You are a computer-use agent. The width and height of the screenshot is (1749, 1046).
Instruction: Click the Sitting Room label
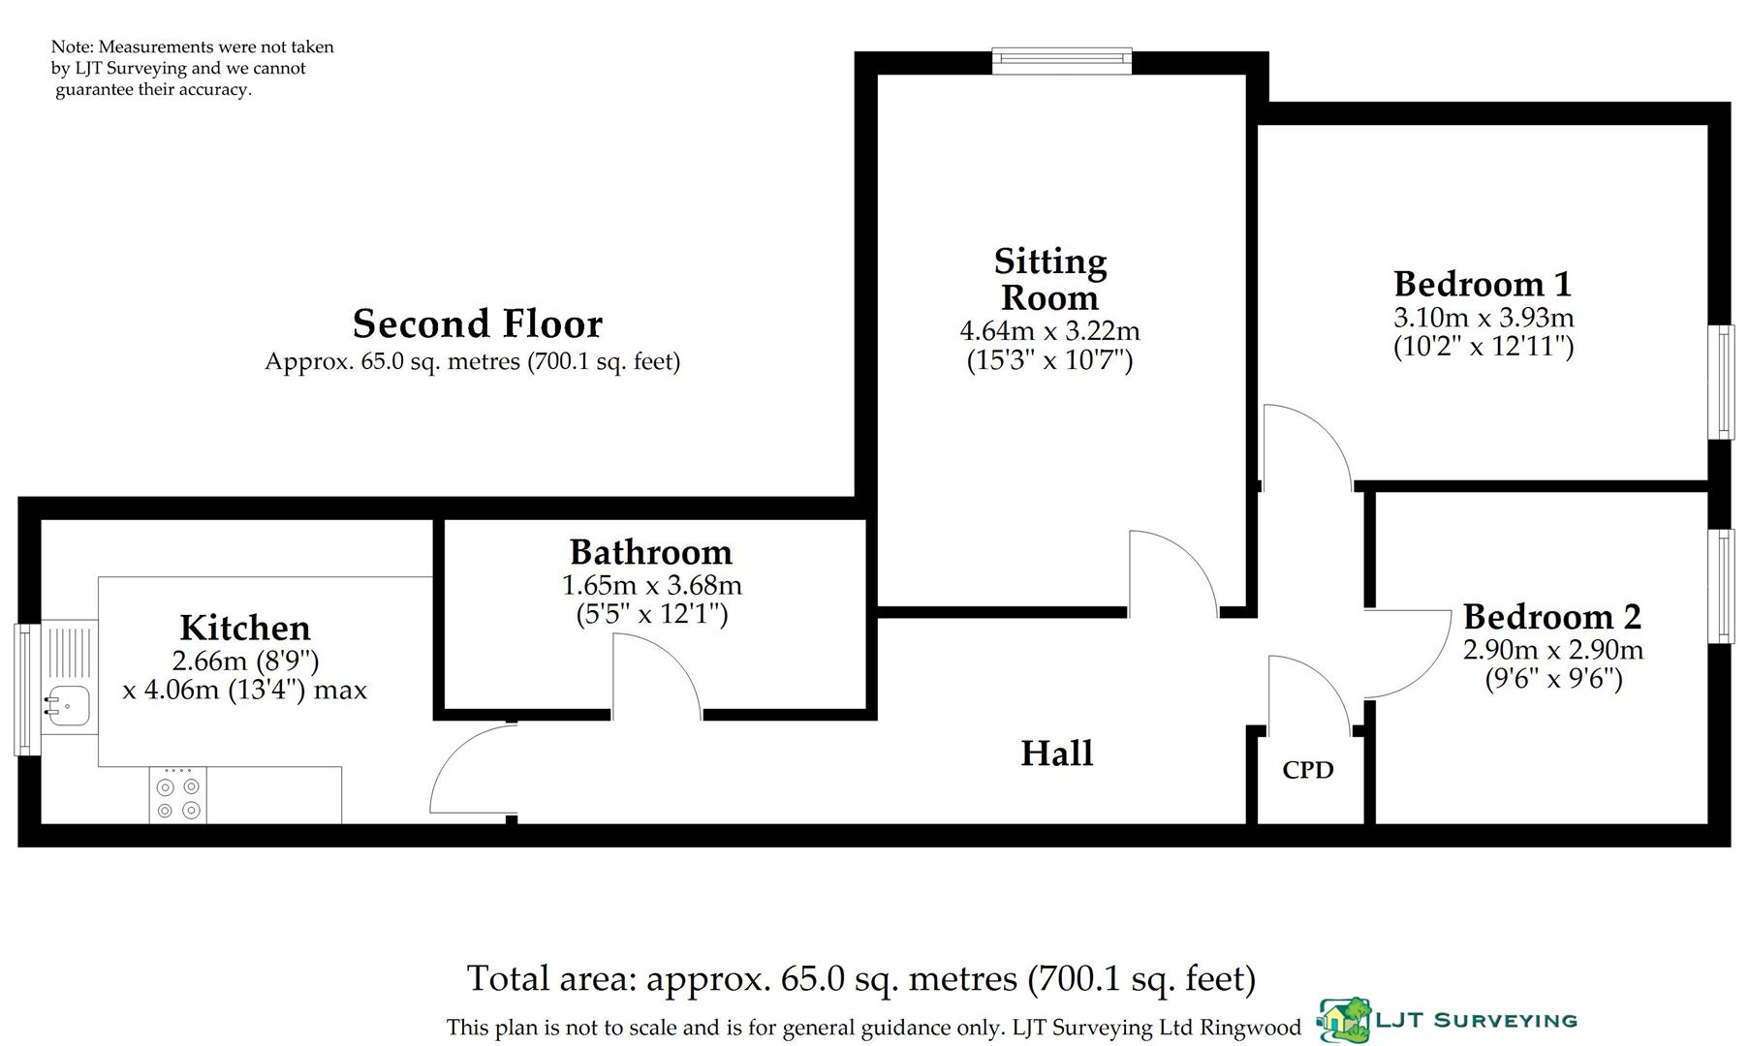pos(1049,279)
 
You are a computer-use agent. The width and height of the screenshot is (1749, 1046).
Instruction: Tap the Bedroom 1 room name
pos(1483,284)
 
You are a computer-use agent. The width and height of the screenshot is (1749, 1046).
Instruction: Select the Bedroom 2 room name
pos(1552,617)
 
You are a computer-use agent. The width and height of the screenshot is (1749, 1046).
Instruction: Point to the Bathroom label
pos(651,552)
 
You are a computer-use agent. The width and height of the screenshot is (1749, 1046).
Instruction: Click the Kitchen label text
pos(245,628)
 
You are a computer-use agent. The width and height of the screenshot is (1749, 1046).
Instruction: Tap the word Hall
pos(1056,754)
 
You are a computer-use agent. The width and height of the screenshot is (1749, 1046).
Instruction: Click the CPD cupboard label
pos(1307,770)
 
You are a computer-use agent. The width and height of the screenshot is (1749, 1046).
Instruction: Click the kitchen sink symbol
pos(68,704)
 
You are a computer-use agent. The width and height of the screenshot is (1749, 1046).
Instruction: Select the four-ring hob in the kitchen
pos(178,797)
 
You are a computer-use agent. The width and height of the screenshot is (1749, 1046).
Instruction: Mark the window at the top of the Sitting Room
pos(1062,62)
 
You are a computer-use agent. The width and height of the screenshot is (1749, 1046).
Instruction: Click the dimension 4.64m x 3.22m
pos(1049,331)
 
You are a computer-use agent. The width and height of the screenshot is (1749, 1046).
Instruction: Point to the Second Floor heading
pos(477,323)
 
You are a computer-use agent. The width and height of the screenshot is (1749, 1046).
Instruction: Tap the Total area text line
pos(860,979)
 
